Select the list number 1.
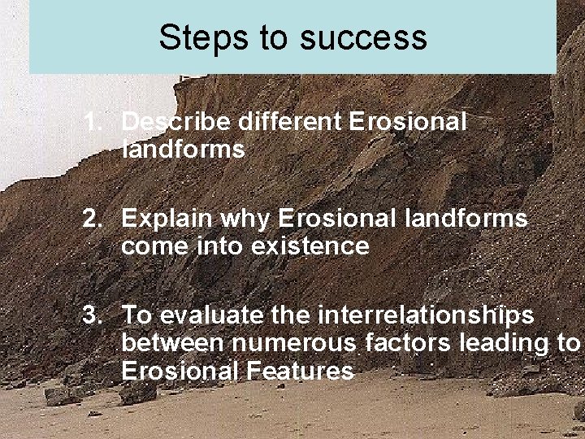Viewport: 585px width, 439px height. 92,122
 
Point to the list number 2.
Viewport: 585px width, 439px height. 92,219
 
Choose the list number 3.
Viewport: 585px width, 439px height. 92,315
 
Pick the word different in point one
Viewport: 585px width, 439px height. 290,122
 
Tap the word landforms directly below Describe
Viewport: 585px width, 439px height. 183,149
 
